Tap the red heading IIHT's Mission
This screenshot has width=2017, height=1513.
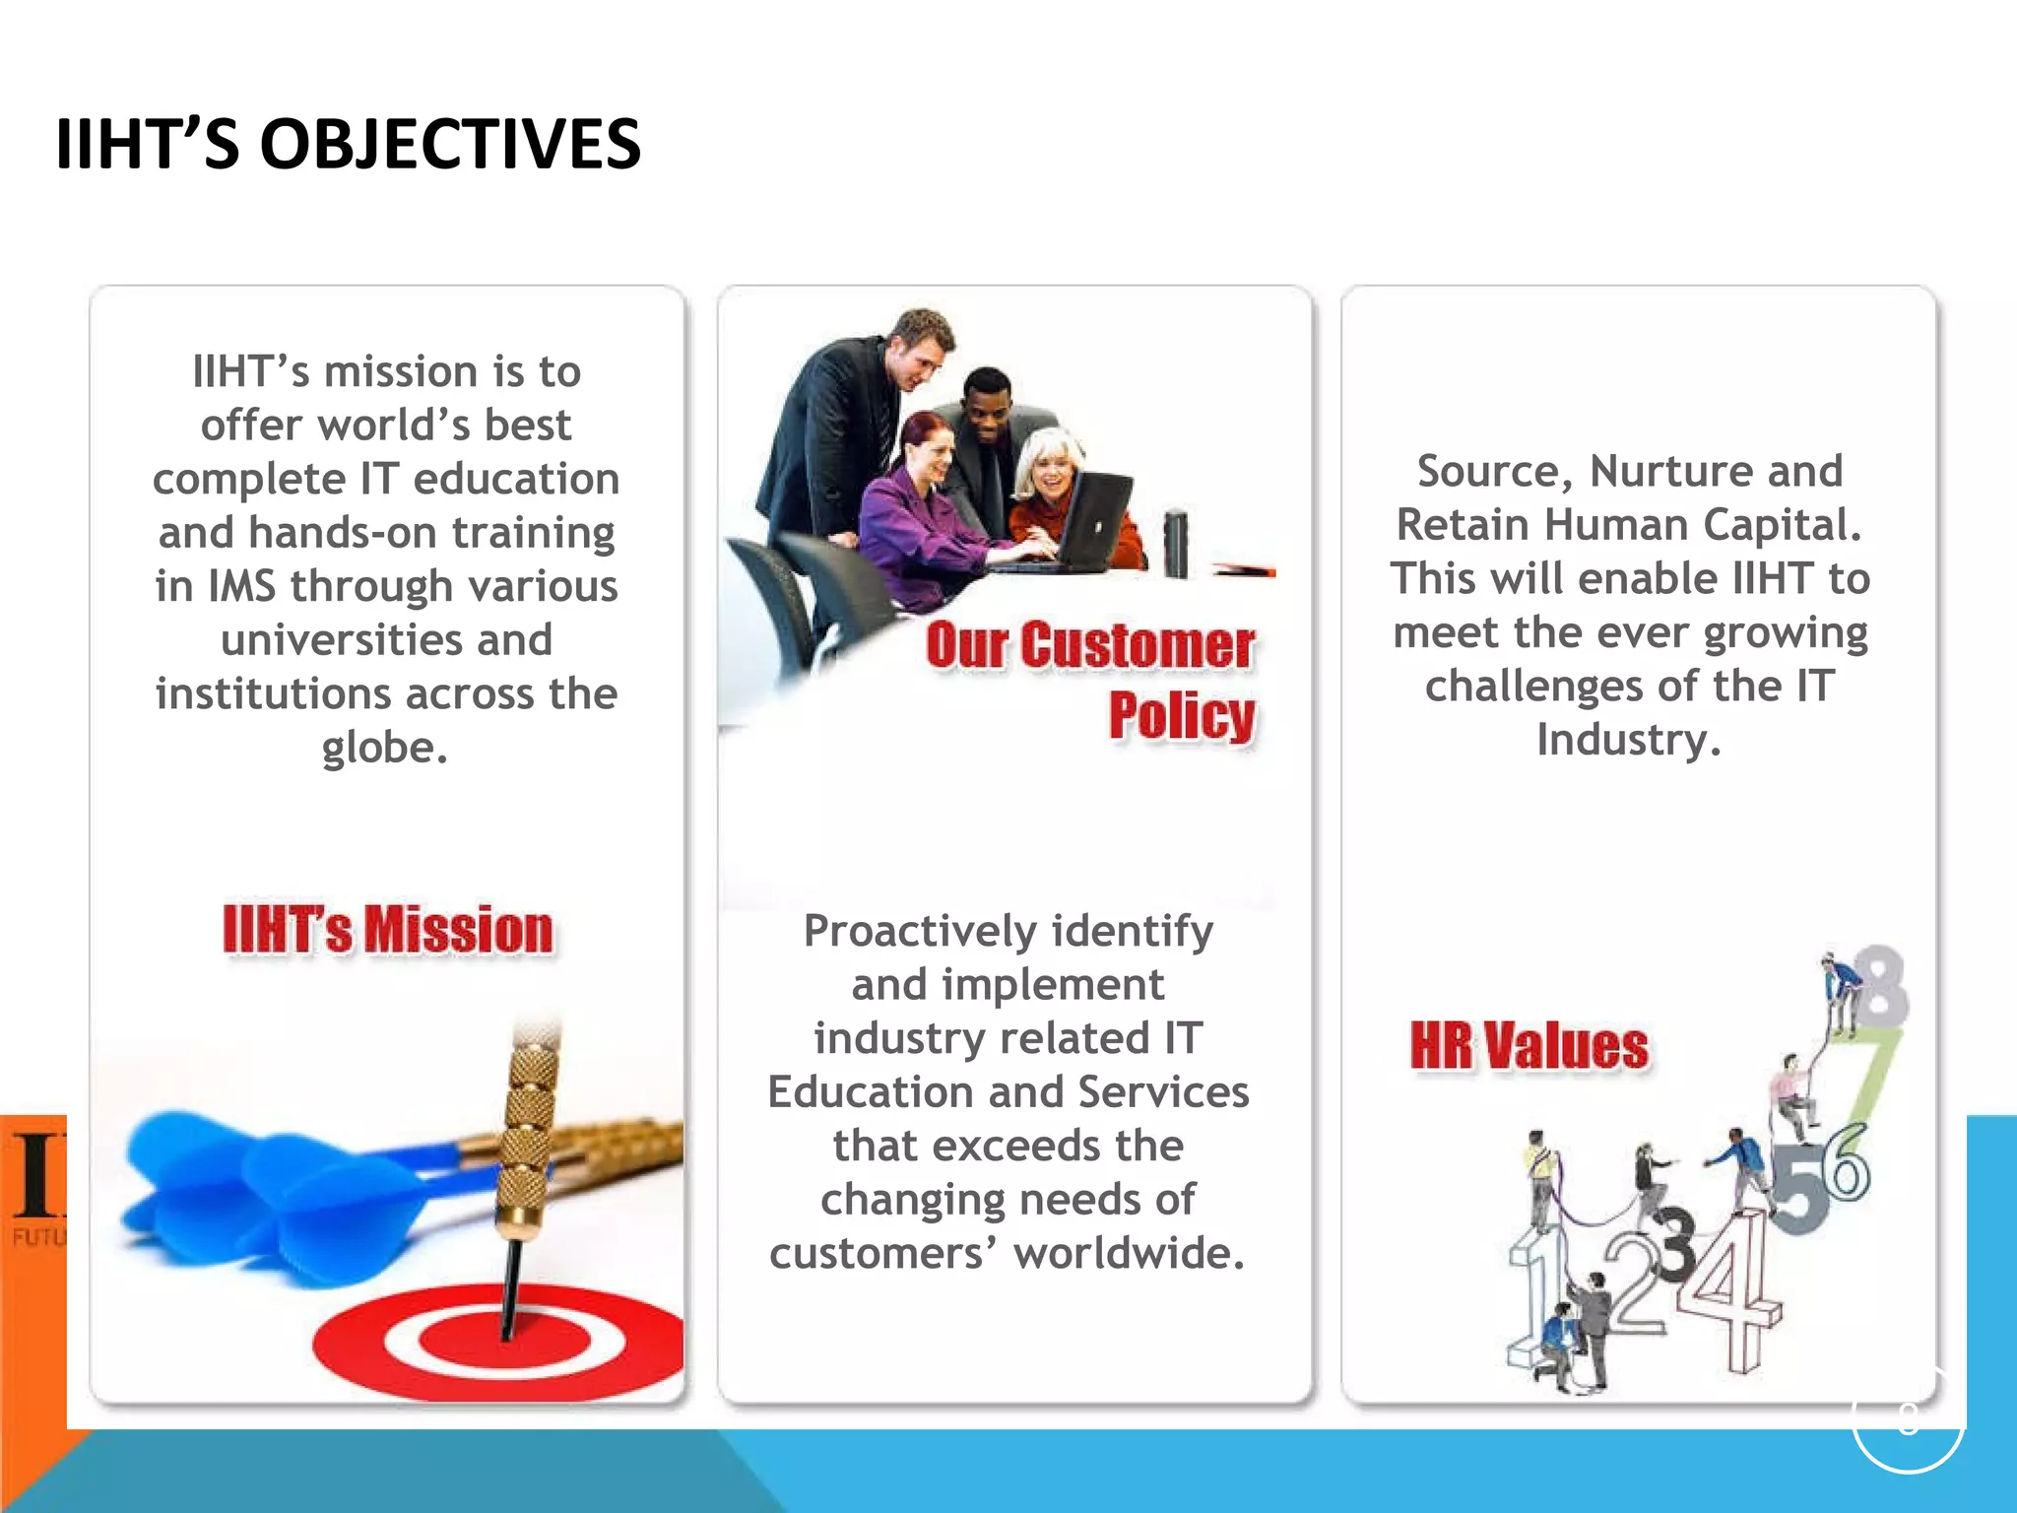[387, 930]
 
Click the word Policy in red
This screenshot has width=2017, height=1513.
[1181, 715]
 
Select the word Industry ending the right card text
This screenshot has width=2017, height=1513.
[1627, 740]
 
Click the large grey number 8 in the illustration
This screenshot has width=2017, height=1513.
[1881, 986]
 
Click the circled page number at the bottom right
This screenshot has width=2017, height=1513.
[1908, 1419]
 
